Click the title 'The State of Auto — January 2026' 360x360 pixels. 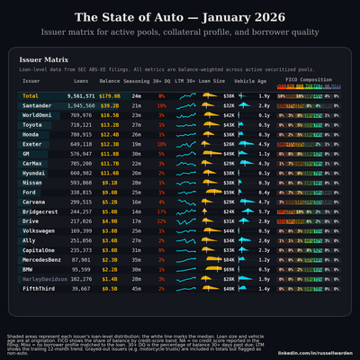(x=180, y=18)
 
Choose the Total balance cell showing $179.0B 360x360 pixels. (x=110, y=95)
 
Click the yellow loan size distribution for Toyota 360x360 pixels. (x=208, y=124)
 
